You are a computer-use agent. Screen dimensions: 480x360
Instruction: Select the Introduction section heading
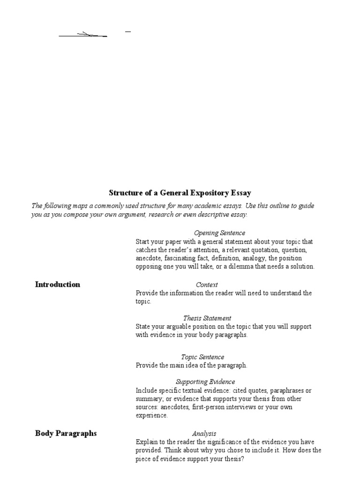tap(58, 285)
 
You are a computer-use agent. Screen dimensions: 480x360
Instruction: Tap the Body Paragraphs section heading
tap(66, 433)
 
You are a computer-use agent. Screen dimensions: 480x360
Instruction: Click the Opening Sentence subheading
tap(219, 233)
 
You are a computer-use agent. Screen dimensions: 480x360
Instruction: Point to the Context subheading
tap(207, 285)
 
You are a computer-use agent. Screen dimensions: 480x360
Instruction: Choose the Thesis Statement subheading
tap(207, 318)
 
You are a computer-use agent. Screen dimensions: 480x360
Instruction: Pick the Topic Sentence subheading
tap(203, 357)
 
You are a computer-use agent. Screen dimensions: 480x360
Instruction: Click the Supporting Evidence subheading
tap(205, 382)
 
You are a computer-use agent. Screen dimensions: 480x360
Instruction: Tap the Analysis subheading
tap(204, 434)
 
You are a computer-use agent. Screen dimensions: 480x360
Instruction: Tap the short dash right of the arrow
tap(128, 31)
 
